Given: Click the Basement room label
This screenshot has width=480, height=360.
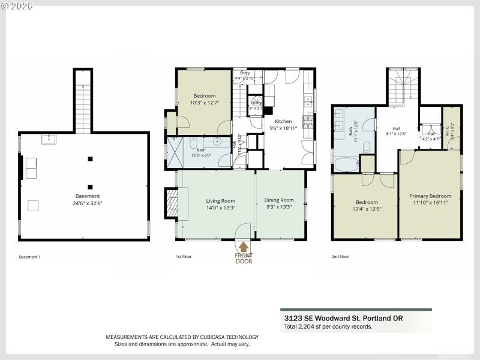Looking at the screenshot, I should pyautogui.click(x=88, y=196).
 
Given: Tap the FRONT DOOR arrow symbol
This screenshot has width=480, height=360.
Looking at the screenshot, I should pyautogui.click(x=244, y=246).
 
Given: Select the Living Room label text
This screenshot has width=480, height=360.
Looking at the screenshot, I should pyautogui.click(x=221, y=201).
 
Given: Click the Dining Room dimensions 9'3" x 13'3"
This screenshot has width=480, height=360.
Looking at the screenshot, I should pyautogui.click(x=279, y=208).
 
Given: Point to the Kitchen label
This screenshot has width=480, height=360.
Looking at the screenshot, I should pyautogui.click(x=283, y=121).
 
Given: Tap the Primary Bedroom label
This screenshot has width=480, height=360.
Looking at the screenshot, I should pyautogui.click(x=430, y=196).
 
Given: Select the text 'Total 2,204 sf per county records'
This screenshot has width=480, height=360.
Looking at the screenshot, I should pyautogui.click(x=328, y=327).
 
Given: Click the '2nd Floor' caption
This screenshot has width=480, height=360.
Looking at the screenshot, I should pyautogui.click(x=340, y=257).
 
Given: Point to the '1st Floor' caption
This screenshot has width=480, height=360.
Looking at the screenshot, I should pyautogui.click(x=183, y=257).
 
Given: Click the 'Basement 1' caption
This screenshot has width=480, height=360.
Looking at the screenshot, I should pyautogui.click(x=29, y=257).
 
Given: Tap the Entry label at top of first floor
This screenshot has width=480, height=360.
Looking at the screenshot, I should pyautogui.click(x=245, y=73).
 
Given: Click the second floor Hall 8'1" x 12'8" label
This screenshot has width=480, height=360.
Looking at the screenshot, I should pyautogui.click(x=397, y=131).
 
